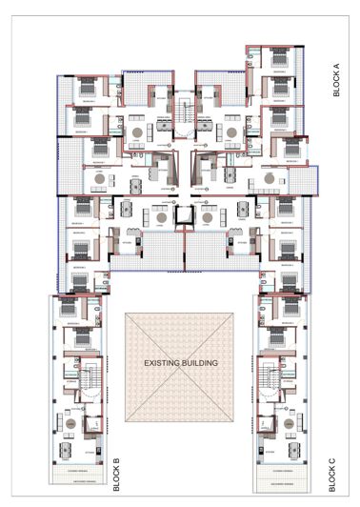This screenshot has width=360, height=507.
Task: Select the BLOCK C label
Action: [332, 474]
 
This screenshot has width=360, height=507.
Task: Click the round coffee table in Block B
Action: [71, 423]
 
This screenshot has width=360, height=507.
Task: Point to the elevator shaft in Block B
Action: [93, 425]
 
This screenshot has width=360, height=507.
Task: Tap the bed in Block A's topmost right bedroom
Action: [279, 60]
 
